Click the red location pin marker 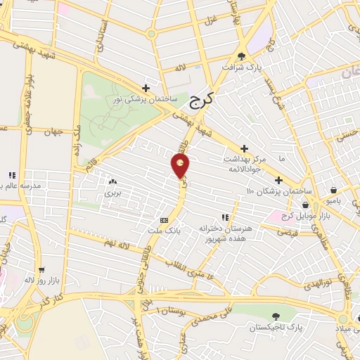181,166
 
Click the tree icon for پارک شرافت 243,56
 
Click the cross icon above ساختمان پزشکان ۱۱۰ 278,180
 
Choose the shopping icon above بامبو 333,189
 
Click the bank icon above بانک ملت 164,219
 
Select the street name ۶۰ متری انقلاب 188,267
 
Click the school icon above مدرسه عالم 11,175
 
